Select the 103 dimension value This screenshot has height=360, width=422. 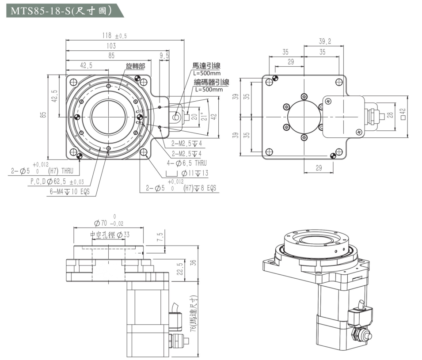coord(111,46)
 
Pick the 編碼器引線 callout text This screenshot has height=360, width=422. coord(211,82)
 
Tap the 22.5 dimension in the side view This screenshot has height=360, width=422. coord(179,269)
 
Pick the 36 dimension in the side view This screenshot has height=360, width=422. coord(193,263)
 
